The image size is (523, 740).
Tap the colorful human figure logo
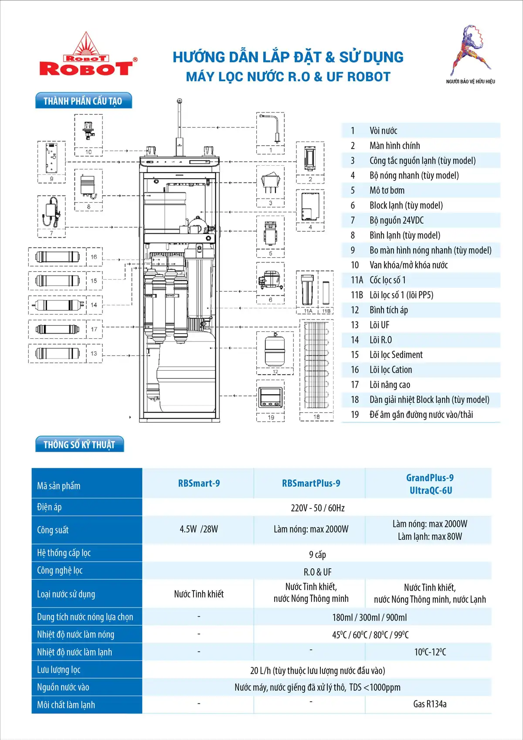point(471,50)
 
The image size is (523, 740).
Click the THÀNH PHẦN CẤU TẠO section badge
point(84,100)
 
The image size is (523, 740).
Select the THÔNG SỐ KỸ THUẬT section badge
point(80,444)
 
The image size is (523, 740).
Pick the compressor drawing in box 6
point(270,280)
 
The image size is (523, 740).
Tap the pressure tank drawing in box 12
point(275,350)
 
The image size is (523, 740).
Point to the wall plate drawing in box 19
point(270,397)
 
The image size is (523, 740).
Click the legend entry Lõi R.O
point(380,340)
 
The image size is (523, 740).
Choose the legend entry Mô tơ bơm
point(387,190)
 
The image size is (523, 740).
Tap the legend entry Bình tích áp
point(389,310)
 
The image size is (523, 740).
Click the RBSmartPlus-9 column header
point(311,483)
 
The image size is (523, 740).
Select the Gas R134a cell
point(430,704)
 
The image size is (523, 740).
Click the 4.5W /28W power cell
point(199,529)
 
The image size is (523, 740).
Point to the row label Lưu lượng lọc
point(59,669)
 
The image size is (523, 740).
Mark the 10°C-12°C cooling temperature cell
point(430,652)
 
